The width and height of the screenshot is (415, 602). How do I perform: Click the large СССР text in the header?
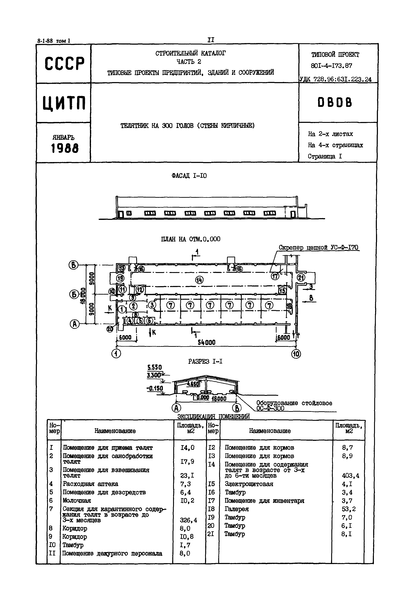point(64,63)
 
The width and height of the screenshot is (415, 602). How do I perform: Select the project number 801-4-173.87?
point(332,66)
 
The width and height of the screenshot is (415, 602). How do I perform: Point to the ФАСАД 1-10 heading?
point(189,176)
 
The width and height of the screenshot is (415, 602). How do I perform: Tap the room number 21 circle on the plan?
point(301,278)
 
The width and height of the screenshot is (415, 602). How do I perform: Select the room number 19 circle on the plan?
point(120,278)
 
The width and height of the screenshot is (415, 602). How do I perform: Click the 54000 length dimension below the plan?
point(206,342)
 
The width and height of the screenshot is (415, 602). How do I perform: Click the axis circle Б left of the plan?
point(74,295)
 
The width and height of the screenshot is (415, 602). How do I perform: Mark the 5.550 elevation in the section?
point(154,368)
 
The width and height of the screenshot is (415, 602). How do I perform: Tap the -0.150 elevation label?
point(155,388)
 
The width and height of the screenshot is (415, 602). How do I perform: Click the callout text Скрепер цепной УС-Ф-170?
point(319,247)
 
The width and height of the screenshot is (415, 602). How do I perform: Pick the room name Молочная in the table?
point(77,501)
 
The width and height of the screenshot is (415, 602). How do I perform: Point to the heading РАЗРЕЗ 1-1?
point(205,361)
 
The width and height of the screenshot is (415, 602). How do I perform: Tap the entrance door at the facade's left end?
point(121,214)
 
